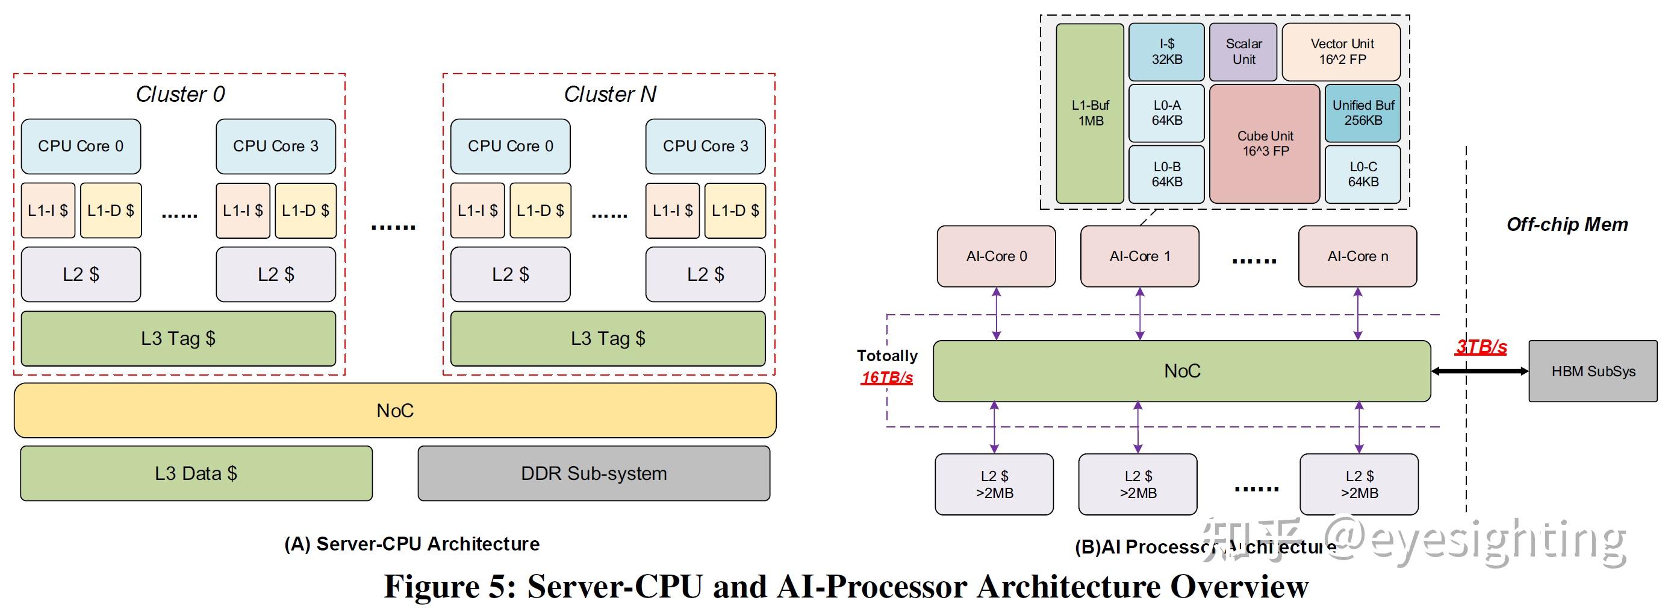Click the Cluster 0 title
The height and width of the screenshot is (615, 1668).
tap(180, 95)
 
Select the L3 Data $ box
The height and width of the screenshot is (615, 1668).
tap(196, 474)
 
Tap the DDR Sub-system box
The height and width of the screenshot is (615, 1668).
tap(594, 474)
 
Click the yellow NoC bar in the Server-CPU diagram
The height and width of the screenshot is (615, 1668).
tap(395, 411)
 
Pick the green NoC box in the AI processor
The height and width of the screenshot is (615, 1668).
tap(1181, 371)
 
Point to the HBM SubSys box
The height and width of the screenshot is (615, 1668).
tap(1593, 371)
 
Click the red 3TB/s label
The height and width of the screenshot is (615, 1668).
tap(1481, 347)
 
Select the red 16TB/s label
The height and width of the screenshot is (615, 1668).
tap(886, 378)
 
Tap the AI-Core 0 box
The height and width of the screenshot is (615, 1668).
tap(996, 257)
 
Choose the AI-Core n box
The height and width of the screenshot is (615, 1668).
tap(1357, 257)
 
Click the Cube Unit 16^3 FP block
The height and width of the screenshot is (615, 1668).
tap(1265, 144)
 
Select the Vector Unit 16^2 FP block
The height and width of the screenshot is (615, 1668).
tap(1342, 52)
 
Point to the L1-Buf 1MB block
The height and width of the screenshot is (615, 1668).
tap(1090, 113)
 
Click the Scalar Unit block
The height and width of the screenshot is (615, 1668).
tap(1243, 52)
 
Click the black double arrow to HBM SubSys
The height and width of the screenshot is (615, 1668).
tap(1480, 371)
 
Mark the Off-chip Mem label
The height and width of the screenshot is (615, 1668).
tap(1566, 225)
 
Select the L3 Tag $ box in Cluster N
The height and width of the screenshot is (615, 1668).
tap(608, 339)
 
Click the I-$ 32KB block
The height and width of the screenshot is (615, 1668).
tap(1166, 52)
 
